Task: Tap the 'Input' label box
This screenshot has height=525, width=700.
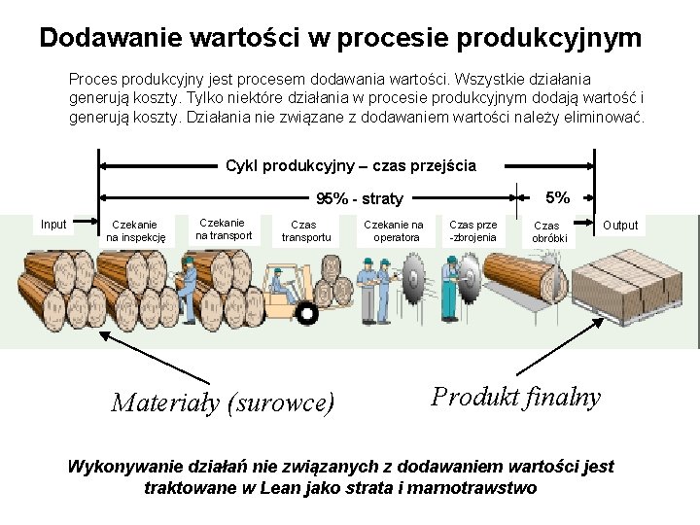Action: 54,225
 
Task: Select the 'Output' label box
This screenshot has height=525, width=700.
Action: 620,226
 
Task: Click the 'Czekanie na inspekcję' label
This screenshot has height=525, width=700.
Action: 136,230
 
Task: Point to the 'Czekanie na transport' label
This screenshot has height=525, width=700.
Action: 223,228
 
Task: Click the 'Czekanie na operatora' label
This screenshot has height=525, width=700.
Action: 393,230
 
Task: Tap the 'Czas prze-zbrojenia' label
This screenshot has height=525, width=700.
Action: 473,230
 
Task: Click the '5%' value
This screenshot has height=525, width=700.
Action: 558,197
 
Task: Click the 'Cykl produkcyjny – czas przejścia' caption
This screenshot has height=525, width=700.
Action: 350,165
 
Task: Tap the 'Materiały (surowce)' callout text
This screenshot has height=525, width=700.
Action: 223,402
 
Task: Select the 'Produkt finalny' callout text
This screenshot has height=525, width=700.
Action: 516,397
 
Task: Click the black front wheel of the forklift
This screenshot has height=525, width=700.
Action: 307,313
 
